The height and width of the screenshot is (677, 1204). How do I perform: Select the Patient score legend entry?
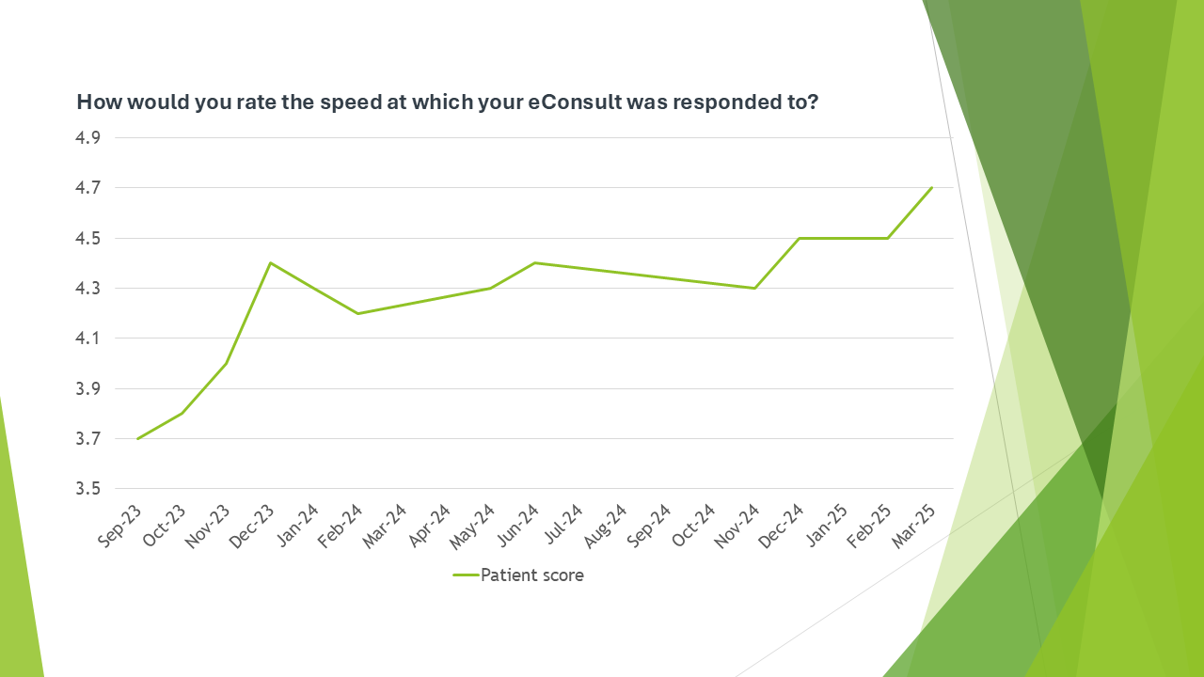click(x=518, y=575)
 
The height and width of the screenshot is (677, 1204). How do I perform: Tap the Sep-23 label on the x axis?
click(x=121, y=526)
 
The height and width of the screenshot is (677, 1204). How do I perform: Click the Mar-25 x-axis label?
click(x=915, y=526)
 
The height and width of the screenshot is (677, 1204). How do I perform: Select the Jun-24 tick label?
click(x=518, y=526)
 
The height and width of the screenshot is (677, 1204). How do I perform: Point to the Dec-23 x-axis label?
click(x=254, y=526)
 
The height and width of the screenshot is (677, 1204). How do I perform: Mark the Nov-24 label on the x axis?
click(x=738, y=526)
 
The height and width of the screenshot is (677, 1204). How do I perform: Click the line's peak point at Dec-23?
click(x=271, y=263)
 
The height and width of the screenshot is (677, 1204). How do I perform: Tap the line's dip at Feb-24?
click(x=358, y=313)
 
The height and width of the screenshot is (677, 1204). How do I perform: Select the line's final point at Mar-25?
click(x=931, y=188)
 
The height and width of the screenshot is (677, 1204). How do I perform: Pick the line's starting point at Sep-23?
click(x=138, y=438)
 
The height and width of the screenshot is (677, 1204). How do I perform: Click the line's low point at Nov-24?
click(x=755, y=288)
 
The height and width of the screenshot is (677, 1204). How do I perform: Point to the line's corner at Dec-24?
click(x=800, y=238)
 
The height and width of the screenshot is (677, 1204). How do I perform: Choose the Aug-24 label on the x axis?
click(x=607, y=526)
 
